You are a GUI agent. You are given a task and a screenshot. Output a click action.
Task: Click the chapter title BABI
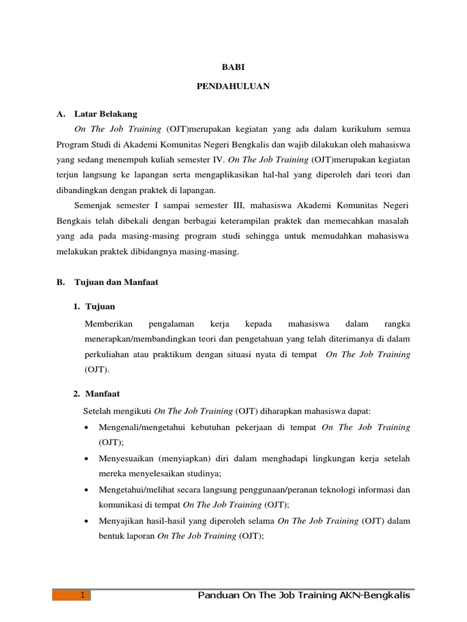point(233,70)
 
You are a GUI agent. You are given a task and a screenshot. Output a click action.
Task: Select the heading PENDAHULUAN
point(233,87)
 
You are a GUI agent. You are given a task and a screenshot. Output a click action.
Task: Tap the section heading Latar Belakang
point(106,114)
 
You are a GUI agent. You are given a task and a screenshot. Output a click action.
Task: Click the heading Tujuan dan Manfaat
point(116,282)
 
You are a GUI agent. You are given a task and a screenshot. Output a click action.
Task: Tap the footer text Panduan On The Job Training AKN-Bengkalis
point(304,596)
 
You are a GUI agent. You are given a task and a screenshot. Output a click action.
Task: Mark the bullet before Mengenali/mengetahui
point(89,428)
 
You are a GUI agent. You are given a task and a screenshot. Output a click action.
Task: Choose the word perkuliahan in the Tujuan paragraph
point(109,354)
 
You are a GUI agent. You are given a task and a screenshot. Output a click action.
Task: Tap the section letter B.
point(60,282)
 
